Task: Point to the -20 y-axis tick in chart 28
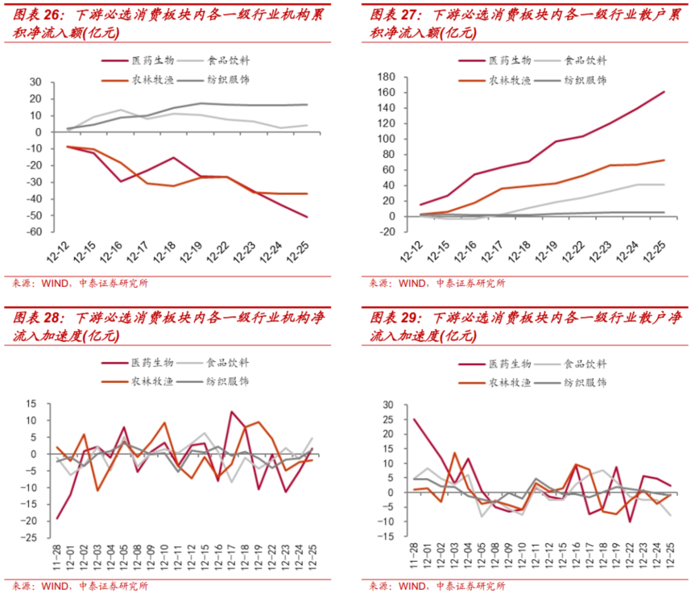point(33,520)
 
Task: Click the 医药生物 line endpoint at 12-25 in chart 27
point(664,92)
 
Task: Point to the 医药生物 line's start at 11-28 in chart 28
point(56,517)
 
